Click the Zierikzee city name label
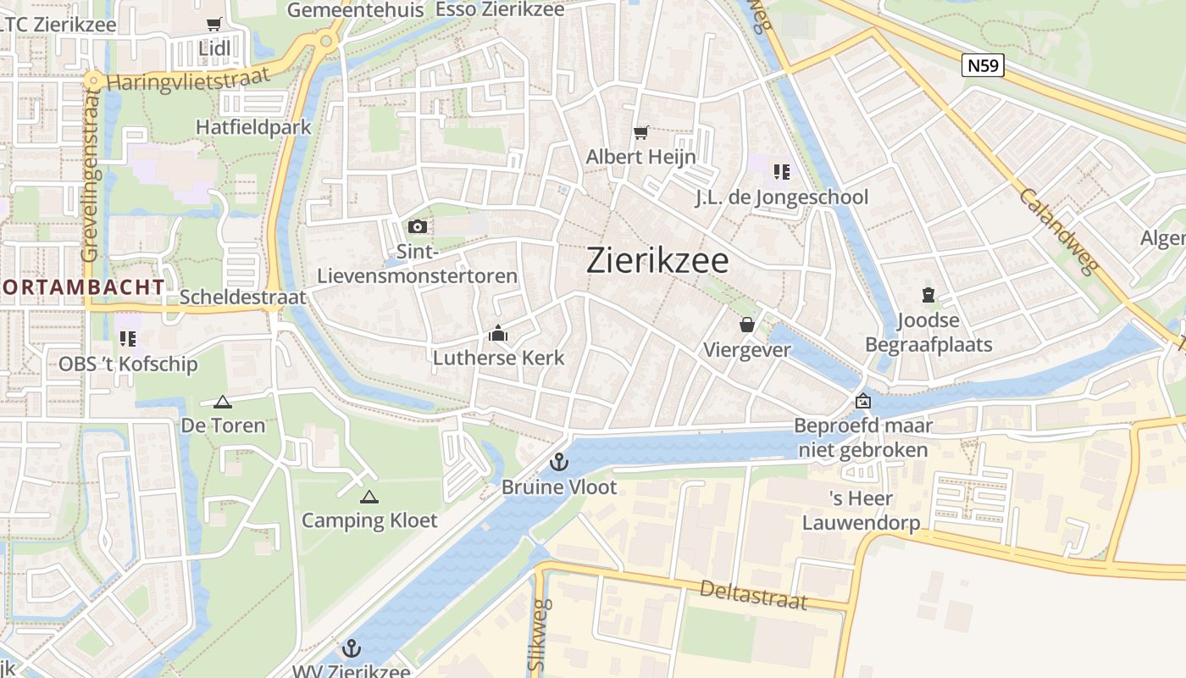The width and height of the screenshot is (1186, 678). pyautogui.click(x=657, y=261)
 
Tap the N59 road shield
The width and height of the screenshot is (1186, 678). pyautogui.click(x=983, y=65)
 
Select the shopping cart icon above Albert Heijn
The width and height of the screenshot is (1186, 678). pyautogui.click(x=640, y=132)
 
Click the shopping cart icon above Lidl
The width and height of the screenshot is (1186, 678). pyautogui.click(x=214, y=25)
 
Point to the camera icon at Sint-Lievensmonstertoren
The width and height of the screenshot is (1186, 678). pyautogui.click(x=417, y=226)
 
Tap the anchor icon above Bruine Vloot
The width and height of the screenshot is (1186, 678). pyautogui.click(x=558, y=462)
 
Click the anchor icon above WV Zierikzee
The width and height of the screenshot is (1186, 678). pyautogui.click(x=351, y=648)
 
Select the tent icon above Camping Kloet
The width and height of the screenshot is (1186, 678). pyautogui.click(x=369, y=496)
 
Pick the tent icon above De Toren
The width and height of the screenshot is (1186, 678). pyautogui.click(x=222, y=402)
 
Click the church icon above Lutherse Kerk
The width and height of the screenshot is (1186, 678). pyautogui.click(x=498, y=334)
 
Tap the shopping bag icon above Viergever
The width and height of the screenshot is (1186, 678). pyautogui.click(x=747, y=325)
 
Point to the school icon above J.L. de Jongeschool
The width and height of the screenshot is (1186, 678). pyautogui.click(x=781, y=172)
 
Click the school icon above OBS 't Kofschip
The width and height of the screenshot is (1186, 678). pyautogui.click(x=128, y=339)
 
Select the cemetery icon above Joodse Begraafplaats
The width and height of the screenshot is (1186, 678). pyautogui.click(x=928, y=296)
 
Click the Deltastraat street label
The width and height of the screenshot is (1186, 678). pyautogui.click(x=753, y=594)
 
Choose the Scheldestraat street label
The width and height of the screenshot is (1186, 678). pyautogui.click(x=242, y=297)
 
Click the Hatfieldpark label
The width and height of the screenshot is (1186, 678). pyautogui.click(x=253, y=127)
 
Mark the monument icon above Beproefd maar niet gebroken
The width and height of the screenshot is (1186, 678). pyautogui.click(x=862, y=401)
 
